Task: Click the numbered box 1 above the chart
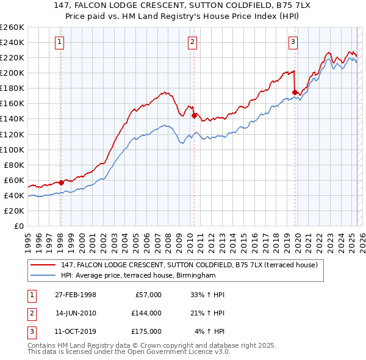point(60,42)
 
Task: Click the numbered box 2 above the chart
point(192,42)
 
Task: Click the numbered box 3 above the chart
point(293,42)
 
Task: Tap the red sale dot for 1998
point(61,182)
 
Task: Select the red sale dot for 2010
point(193,115)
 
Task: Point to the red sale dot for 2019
point(294,92)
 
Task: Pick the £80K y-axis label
point(14,165)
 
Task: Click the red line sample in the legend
point(43,265)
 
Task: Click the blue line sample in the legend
point(43,276)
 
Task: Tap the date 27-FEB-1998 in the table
point(76,295)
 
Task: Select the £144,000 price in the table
point(146,313)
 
